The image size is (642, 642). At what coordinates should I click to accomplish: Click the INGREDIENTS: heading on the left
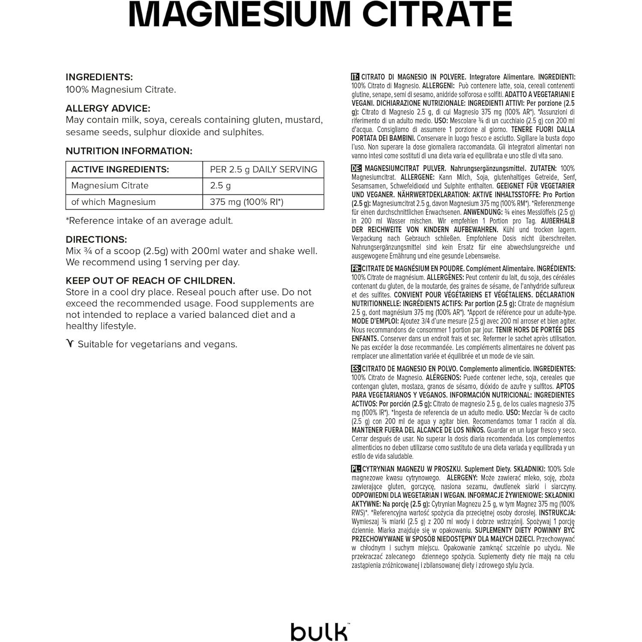(x=99, y=77)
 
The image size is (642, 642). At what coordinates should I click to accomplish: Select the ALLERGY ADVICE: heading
(x=108, y=109)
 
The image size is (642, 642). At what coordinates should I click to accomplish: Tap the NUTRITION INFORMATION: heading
(x=129, y=151)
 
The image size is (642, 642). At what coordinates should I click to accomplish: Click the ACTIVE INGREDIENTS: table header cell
(x=120, y=169)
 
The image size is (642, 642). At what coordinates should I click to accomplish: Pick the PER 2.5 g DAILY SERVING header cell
(x=263, y=169)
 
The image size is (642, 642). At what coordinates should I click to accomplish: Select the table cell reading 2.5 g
(x=220, y=186)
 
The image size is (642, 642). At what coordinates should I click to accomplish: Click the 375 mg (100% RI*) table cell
(x=247, y=202)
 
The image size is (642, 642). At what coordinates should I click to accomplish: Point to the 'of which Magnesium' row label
(x=113, y=202)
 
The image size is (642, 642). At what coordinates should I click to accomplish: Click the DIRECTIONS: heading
(x=96, y=240)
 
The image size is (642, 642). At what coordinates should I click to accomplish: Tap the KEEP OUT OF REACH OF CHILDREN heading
(x=150, y=281)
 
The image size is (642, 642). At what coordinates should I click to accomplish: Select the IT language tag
(x=355, y=77)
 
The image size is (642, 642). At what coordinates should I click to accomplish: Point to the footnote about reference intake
(x=149, y=221)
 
